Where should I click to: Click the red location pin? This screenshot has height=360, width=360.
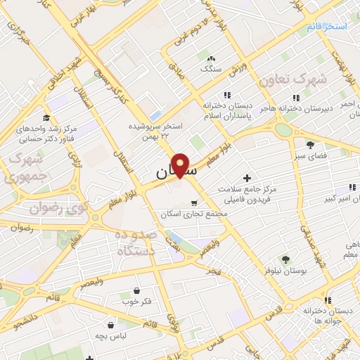(181, 165)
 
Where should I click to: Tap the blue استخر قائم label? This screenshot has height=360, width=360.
(326, 26)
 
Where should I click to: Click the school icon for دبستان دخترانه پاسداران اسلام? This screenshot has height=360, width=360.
(226, 95)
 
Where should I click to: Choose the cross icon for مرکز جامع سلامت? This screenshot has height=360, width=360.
(246, 179)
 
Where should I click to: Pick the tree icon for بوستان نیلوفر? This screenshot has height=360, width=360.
(285, 259)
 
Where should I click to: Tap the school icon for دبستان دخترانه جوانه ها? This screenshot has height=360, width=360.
(328, 301)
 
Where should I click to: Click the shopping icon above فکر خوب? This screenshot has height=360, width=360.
(136, 290)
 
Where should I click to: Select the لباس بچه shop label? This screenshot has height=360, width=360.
(112, 335)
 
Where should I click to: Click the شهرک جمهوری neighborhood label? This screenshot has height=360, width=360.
(20, 167)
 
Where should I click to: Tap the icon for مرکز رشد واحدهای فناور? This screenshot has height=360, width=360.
(46, 117)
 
